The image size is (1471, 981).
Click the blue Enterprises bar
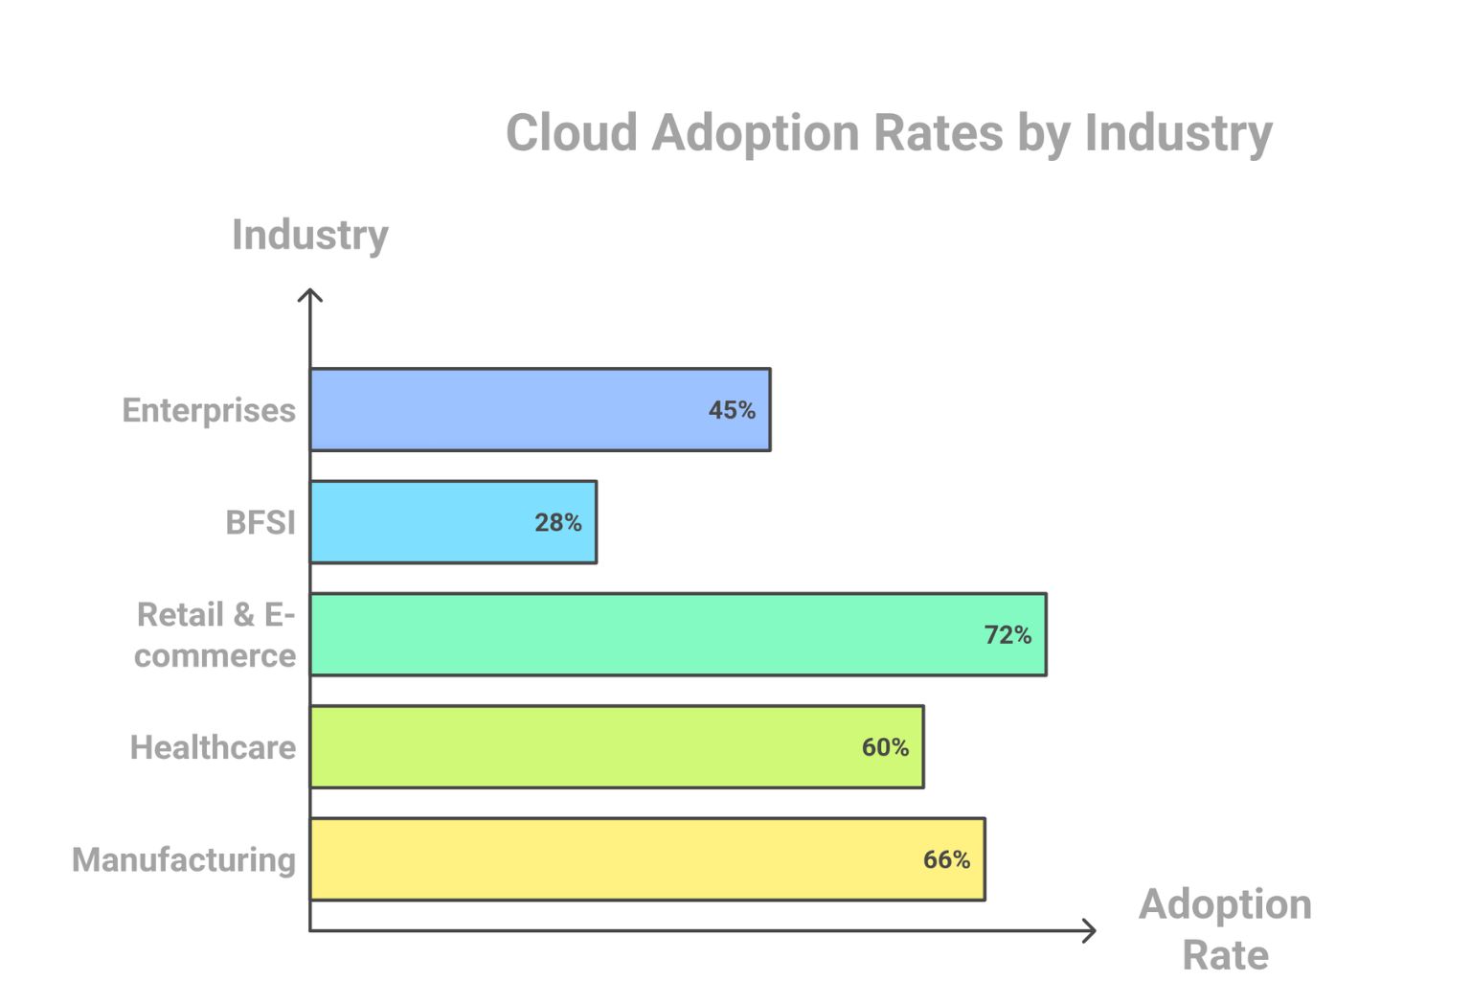coord(517,410)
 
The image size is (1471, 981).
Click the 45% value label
coord(732,410)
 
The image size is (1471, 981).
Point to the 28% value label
coord(557,522)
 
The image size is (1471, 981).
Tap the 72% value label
coord(1007,634)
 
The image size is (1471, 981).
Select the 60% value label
coord(885,747)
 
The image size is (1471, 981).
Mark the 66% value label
coord(946,859)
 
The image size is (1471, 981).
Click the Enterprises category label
coord(209,410)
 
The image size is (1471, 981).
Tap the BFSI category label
coord(260,522)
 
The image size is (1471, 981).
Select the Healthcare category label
coord(213,747)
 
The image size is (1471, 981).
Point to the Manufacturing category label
coord(184,859)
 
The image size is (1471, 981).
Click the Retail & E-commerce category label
coord(215,634)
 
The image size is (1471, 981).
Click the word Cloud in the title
coord(571,132)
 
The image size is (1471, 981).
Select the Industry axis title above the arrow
coord(310,235)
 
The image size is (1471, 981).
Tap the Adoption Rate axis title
coord(1225,928)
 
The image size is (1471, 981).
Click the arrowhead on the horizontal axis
coord(1089,930)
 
